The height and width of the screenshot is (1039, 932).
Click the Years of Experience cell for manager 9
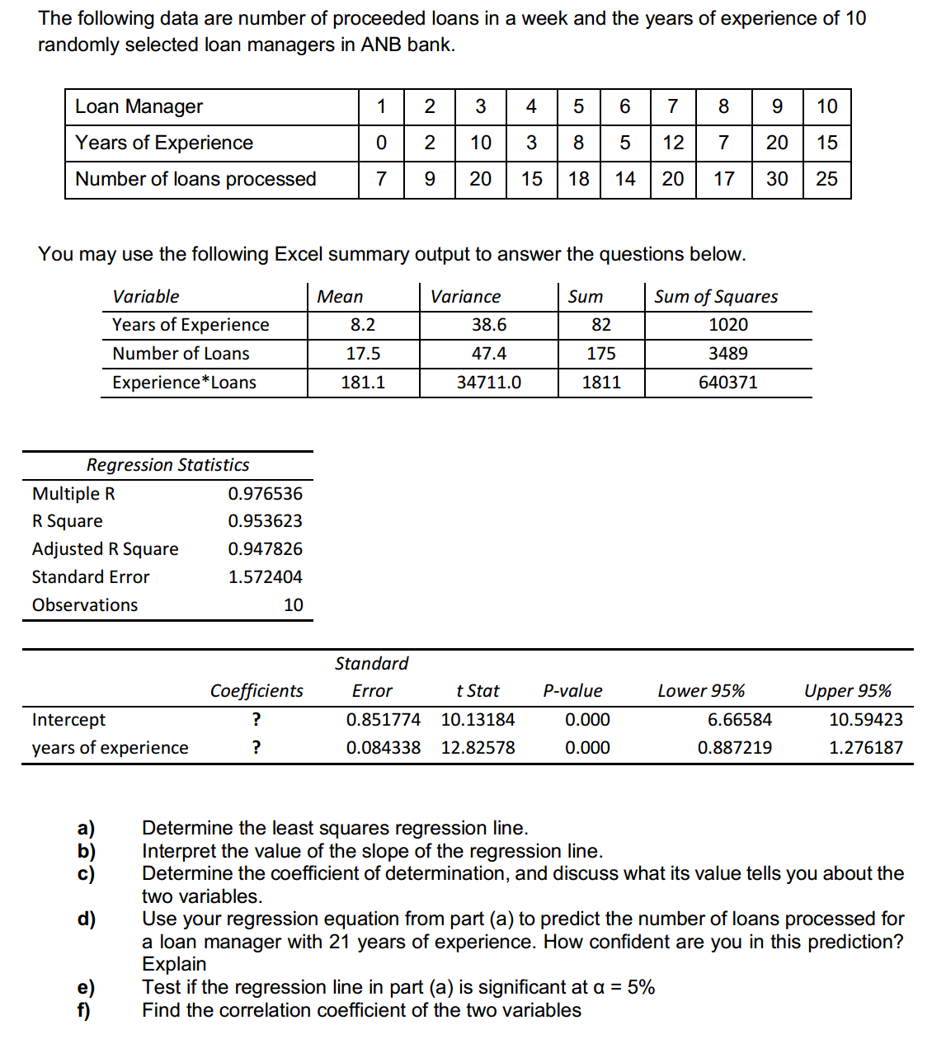point(776,143)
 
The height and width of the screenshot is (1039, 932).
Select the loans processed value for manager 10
point(826,179)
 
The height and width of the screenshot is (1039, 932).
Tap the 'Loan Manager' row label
point(139,106)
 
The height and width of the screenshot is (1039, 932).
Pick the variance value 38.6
point(488,325)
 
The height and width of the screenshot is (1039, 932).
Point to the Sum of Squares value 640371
point(727,383)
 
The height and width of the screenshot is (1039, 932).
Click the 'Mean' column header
point(340,297)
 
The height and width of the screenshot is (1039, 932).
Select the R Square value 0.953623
point(265,521)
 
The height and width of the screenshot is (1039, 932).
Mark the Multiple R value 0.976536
point(265,494)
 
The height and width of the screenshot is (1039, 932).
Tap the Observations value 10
point(293,605)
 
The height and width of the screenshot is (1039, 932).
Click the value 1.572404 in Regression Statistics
point(265,577)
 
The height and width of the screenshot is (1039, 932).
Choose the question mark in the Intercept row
point(257,720)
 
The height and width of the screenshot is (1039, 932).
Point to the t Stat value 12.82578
point(478,748)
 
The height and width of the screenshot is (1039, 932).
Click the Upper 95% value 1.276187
point(865,748)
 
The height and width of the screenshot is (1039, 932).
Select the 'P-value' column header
point(572,691)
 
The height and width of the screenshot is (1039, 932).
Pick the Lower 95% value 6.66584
point(739,720)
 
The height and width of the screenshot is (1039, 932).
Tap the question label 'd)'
point(86,919)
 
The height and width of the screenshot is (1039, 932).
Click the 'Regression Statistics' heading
point(167,465)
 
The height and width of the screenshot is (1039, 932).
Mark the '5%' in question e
point(641,987)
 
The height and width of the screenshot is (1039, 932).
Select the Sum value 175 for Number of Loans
point(600,354)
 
